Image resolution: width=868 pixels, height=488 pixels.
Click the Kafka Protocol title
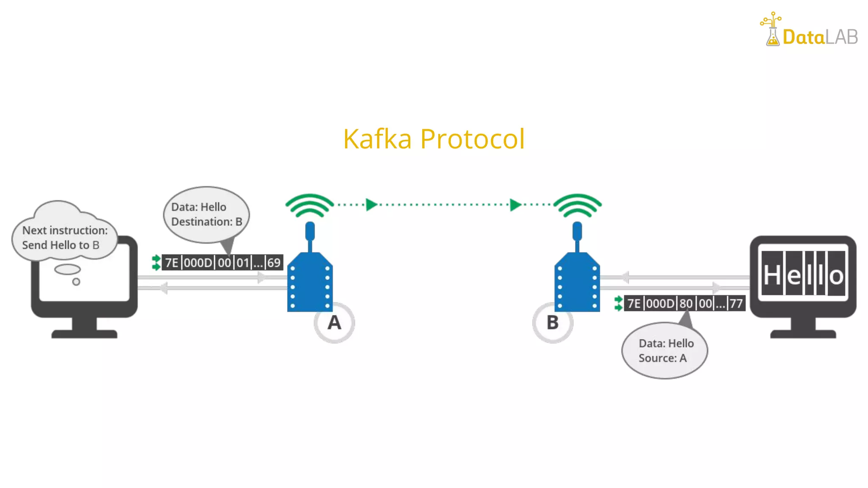(434, 139)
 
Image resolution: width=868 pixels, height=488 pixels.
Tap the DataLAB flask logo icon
(772, 30)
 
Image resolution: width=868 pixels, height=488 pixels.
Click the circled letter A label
(334, 323)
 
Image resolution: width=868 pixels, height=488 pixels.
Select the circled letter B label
(553, 323)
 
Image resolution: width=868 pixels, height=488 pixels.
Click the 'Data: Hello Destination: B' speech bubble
(206, 214)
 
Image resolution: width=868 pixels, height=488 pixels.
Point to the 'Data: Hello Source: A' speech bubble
(665, 351)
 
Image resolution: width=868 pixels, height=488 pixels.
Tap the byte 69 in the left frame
(274, 263)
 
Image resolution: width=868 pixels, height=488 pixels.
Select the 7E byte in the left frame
(171, 263)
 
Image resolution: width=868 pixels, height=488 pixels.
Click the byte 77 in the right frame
(736, 303)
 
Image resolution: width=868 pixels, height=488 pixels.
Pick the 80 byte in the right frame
(686, 303)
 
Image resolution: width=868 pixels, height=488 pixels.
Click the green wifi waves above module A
(310, 205)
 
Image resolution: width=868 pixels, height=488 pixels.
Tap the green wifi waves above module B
(577, 205)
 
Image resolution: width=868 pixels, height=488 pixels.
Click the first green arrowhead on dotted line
(371, 205)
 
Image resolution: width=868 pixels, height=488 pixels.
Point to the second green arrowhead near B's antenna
(515, 205)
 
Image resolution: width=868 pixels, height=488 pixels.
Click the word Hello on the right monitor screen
(803, 274)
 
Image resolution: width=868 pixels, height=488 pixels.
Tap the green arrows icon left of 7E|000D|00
(156, 263)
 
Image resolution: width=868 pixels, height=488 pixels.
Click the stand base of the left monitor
(84, 333)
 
